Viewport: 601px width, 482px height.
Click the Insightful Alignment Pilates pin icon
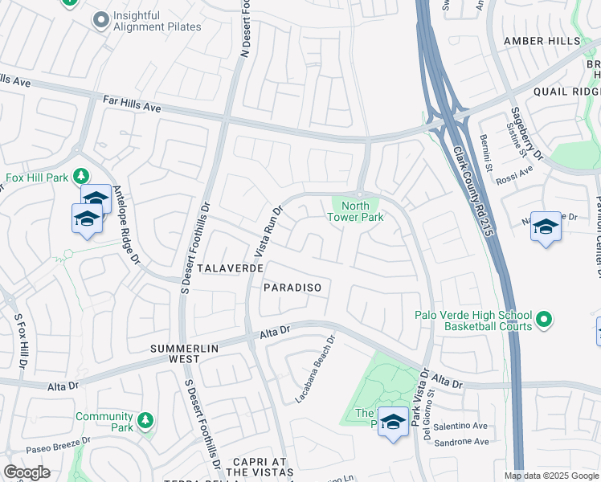point(100,20)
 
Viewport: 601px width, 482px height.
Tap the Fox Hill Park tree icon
point(80,176)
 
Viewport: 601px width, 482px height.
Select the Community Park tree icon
point(145,420)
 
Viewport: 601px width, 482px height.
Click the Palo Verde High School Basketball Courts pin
point(544,321)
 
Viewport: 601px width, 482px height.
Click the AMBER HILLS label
point(542,41)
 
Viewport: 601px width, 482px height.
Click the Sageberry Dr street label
point(527,132)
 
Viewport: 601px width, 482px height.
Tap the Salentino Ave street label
point(460,426)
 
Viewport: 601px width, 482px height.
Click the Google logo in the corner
point(27,472)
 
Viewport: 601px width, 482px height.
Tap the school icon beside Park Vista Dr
point(393,422)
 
